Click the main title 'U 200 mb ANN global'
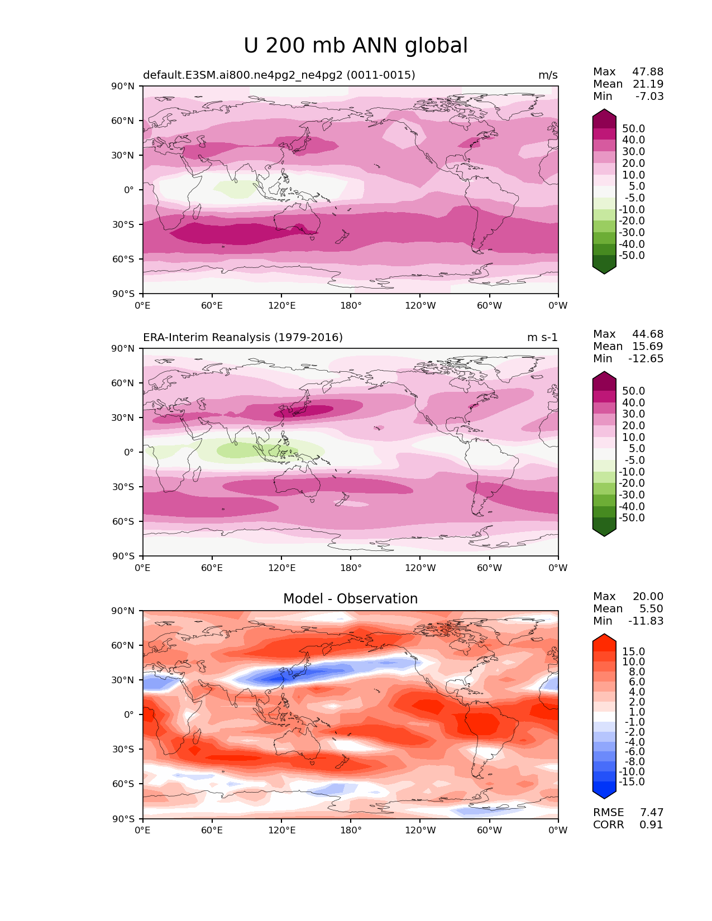click(355, 45)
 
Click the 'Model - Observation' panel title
click(350, 598)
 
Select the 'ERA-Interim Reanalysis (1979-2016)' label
click(242, 337)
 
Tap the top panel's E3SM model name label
click(279, 75)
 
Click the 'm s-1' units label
click(542, 337)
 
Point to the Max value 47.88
click(648, 71)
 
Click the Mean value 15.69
click(648, 346)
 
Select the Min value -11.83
click(646, 621)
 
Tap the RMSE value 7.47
click(651, 812)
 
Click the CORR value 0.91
click(651, 825)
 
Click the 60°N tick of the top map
click(122, 121)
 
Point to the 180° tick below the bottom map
click(351, 830)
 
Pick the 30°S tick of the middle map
click(123, 487)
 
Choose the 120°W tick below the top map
click(420, 305)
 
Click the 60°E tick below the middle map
click(212, 568)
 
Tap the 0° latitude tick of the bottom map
click(129, 714)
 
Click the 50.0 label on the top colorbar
click(634, 128)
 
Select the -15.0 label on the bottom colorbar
click(632, 781)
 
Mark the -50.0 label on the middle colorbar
click(632, 517)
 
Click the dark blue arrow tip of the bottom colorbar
click(604, 798)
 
